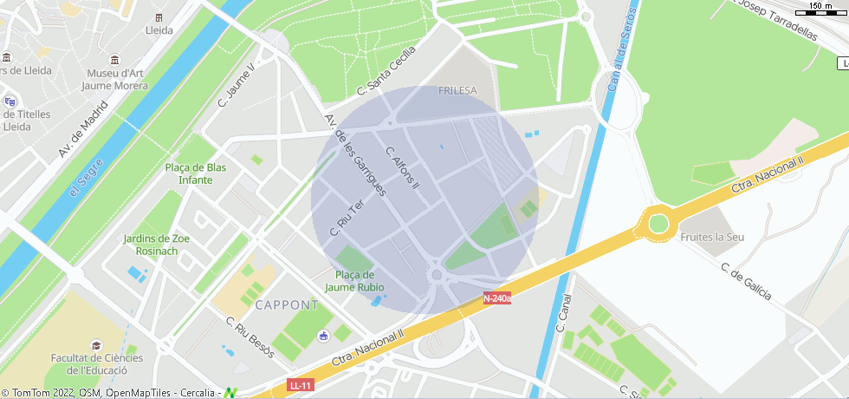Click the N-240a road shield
point(496,298)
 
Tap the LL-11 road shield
point(300,384)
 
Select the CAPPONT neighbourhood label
point(287,305)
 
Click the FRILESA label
point(457,90)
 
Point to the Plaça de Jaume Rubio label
point(354,281)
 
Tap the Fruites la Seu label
point(713,237)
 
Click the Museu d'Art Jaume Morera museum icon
point(115,59)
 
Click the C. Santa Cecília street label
point(386,73)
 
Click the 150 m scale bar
point(820,9)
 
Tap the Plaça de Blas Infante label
point(195,173)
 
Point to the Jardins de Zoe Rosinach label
point(157,245)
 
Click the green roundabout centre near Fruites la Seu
point(658,224)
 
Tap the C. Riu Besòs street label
point(250,337)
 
